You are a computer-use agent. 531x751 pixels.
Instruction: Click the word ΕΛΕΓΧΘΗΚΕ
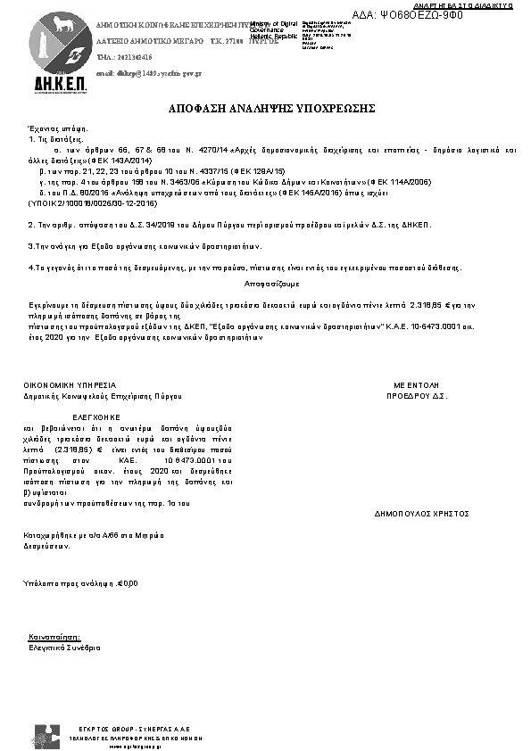point(95,416)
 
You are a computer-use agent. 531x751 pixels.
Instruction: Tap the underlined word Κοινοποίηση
point(54,639)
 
